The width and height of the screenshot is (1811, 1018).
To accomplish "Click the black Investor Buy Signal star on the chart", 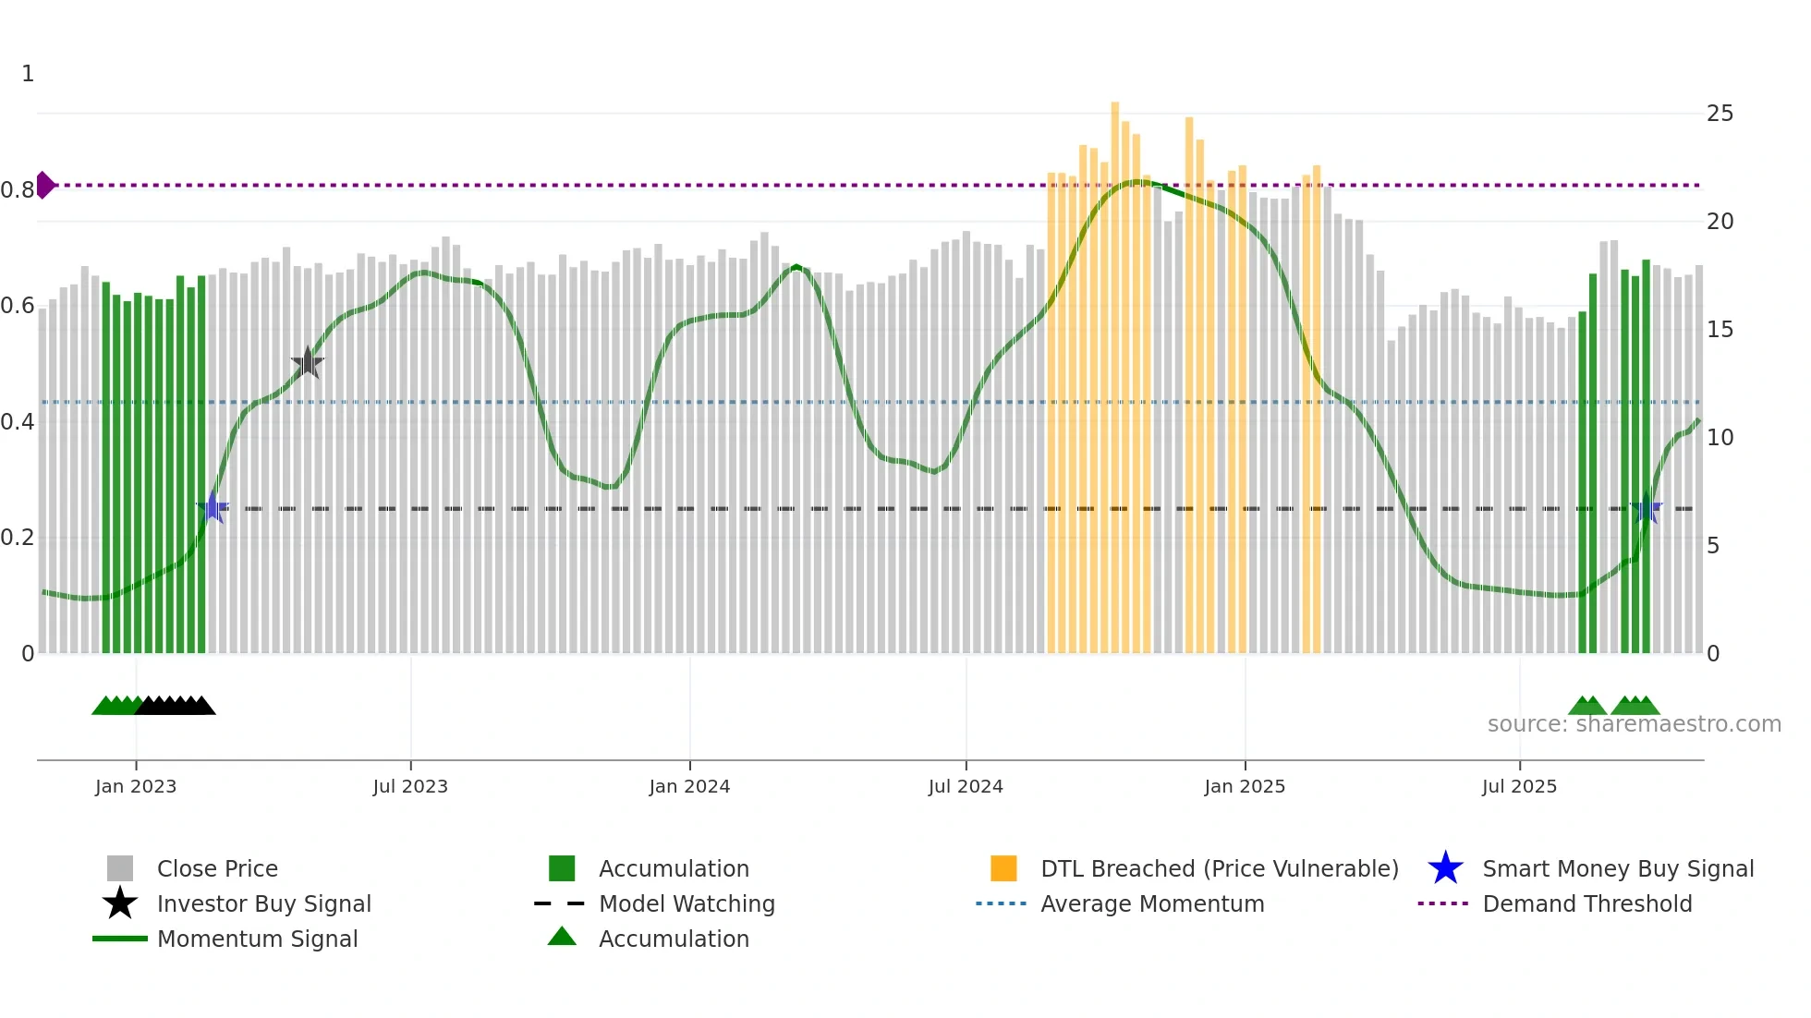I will (307, 363).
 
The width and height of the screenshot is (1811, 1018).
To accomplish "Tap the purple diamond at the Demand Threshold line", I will (44, 185).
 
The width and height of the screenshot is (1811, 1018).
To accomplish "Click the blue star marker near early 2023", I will (213, 507).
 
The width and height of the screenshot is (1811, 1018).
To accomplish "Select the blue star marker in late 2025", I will (1647, 507).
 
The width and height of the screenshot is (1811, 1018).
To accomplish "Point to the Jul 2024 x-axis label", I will (966, 786).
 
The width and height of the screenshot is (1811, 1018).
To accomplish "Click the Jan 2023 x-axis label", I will (136, 786).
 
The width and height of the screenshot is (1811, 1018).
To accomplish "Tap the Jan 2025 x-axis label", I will (1245, 786).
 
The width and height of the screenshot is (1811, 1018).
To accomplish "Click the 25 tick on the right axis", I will (1720, 114).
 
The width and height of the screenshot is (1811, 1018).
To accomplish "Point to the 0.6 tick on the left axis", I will (18, 306).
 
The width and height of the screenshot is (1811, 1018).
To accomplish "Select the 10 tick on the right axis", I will (1720, 437).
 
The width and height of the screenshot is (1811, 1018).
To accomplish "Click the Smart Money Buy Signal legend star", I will (1445, 868).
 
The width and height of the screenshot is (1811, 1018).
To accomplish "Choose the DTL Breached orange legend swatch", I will (1003, 868).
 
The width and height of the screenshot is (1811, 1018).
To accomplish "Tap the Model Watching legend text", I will (687, 903).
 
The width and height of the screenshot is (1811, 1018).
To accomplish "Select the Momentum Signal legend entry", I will (257, 939).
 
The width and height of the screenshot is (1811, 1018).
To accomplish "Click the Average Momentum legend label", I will (1152, 903).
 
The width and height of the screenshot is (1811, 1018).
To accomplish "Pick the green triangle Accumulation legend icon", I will (562, 937).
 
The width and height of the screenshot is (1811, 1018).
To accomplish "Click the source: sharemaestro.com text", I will (1634, 724).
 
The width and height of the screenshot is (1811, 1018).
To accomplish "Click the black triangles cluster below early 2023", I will (176, 706).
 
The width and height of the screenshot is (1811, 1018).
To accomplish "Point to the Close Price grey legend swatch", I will (120, 868).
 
